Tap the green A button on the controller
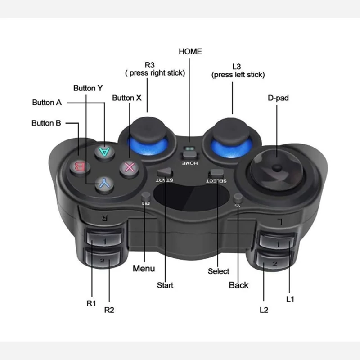tap(105, 152)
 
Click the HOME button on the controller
tap(189, 155)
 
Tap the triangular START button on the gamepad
tap(165, 172)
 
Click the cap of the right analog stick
tap(148, 129)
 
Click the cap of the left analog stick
tap(231, 130)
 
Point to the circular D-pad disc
tap(277, 170)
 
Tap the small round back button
tap(238, 198)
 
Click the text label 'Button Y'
tap(88, 88)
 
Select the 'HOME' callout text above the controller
tap(190, 51)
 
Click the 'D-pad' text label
tap(278, 98)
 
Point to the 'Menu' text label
tap(144, 268)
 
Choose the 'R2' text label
tap(109, 310)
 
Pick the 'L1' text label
tap(290, 299)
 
